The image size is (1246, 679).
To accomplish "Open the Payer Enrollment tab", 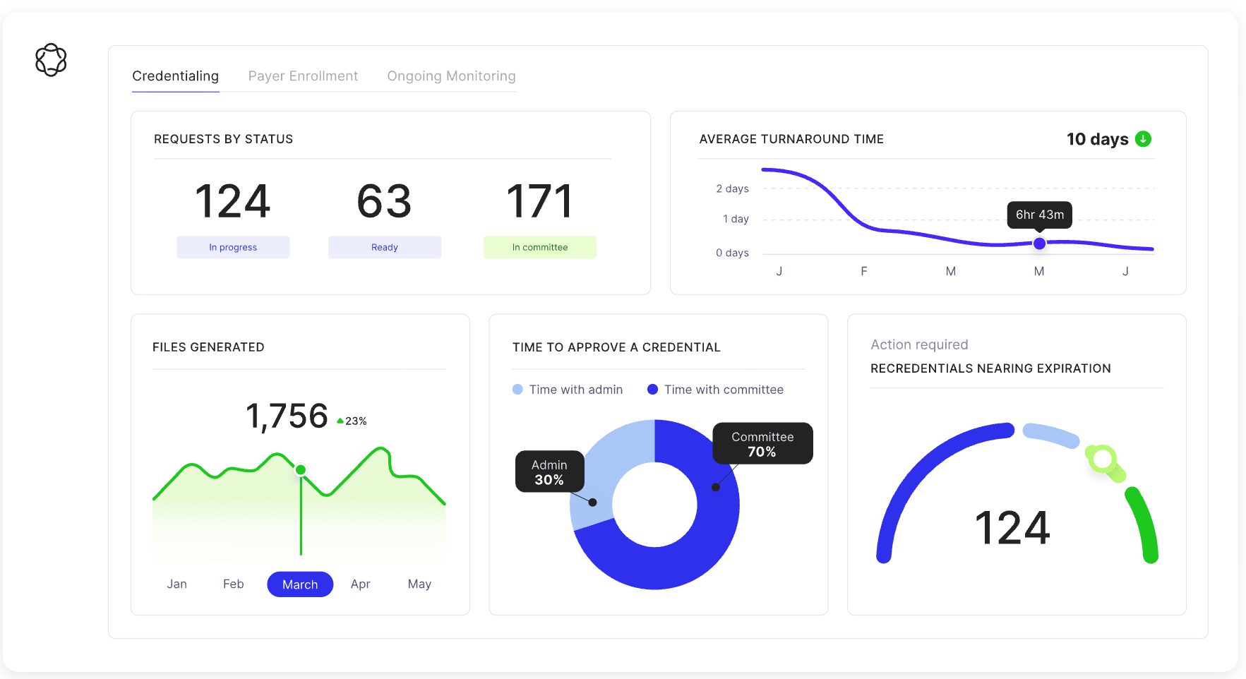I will pyautogui.click(x=303, y=76).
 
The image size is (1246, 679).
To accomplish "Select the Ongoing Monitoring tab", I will pyautogui.click(x=451, y=76).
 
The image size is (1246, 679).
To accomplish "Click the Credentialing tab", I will pyautogui.click(x=175, y=76).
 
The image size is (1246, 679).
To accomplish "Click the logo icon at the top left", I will pyautogui.click(x=51, y=60).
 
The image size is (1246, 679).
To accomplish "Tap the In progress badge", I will pyautogui.click(x=233, y=248).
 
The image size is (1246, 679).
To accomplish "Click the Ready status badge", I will pyautogui.click(x=385, y=248).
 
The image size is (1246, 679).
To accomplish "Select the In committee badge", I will pyautogui.click(x=540, y=248).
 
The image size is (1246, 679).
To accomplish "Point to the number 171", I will pyautogui.click(x=539, y=202).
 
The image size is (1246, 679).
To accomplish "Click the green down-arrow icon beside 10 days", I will pyautogui.click(x=1143, y=139).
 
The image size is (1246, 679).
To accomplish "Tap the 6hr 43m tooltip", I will pyautogui.click(x=1039, y=215).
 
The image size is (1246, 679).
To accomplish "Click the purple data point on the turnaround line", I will pyautogui.click(x=1039, y=244).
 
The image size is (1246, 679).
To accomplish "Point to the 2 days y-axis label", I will pyautogui.click(x=732, y=189).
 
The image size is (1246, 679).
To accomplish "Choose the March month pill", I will pyautogui.click(x=300, y=584).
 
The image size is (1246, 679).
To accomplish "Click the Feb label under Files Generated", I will pyautogui.click(x=233, y=584).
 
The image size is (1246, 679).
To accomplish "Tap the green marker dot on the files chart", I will pyautogui.click(x=301, y=470).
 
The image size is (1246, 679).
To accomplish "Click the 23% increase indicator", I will pyautogui.click(x=352, y=421).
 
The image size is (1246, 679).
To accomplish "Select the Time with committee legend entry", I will pyautogui.click(x=715, y=390).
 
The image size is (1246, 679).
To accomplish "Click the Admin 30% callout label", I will pyautogui.click(x=549, y=472).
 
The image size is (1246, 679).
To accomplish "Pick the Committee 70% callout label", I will pyautogui.click(x=762, y=444).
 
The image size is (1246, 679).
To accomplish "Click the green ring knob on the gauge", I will pyautogui.click(x=1102, y=459).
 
